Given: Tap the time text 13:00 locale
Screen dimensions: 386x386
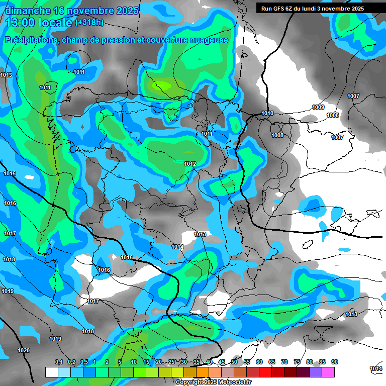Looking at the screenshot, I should [x=38, y=23].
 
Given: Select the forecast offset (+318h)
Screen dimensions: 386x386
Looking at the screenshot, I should [x=90, y=23].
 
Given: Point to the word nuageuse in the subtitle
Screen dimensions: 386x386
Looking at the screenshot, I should [x=207, y=40].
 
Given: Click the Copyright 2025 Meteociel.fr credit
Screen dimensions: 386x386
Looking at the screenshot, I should [x=214, y=382].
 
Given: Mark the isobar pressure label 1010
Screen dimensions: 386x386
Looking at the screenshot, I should [x=267, y=113].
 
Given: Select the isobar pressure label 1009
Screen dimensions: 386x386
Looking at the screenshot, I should [x=318, y=107].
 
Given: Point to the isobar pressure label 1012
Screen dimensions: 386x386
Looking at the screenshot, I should [x=190, y=164].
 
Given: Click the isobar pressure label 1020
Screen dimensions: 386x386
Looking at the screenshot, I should [x=23, y=350].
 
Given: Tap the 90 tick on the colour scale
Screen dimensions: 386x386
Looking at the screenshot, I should [x=335, y=362].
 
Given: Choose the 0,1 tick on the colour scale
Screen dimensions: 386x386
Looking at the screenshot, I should [x=58, y=362].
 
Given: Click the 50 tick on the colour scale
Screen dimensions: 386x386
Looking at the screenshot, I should [x=234, y=362].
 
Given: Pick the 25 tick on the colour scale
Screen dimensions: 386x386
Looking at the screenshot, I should [x=171, y=362].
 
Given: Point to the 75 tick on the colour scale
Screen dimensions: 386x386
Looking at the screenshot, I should [x=297, y=362].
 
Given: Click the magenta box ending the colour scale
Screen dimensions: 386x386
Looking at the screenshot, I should [x=328, y=372].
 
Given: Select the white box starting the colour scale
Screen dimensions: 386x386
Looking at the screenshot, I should [x=51, y=372].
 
